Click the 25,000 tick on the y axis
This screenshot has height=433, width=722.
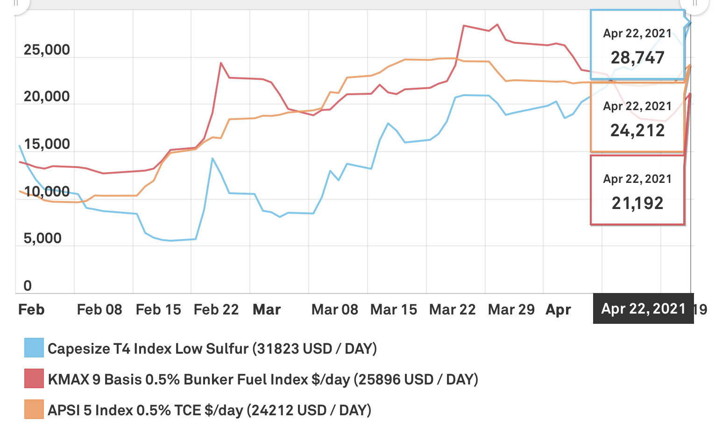pyautogui.click(x=47, y=50)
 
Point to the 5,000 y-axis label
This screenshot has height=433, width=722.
pyautogui.click(x=42, y=238)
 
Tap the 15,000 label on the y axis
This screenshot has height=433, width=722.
pyautogui.click(x=47, y=144)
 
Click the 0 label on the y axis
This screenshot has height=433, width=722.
pyautogui.click(x=28, y=286)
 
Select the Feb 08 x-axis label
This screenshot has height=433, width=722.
pyautogui.click(x=99, y=309)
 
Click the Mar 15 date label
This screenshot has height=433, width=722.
pyautogui.click(x=393, y=309)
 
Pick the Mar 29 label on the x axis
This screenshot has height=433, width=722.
pyautogui.click(x=511, y=309)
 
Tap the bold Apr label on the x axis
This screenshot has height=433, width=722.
pyautogui.click(x=558, y=309)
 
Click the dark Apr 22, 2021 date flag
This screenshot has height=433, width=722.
pyautogui.click(x=643, y=308)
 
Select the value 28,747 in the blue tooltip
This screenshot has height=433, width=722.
pyautogui.click(x=637, y=58)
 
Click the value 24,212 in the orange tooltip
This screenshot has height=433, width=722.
pyautogui.click(x=637, y=131)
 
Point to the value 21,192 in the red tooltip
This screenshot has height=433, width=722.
pyautogui.click(x=637, y=203)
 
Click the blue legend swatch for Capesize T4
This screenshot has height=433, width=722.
pyautogui.click(x=34, y=348)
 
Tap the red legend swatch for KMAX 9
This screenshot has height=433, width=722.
pyautogui.click(x=34, y=379)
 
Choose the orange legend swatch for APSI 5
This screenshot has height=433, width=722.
pyautogui.click(x=34, y=410)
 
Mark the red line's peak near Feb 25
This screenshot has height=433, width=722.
pyautogui.click(x=220, y=63)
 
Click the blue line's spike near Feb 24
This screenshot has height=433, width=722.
pyautogui.click(x=212, y=158)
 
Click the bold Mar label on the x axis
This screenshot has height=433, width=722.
pyautogui.click(x=267, y=309)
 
